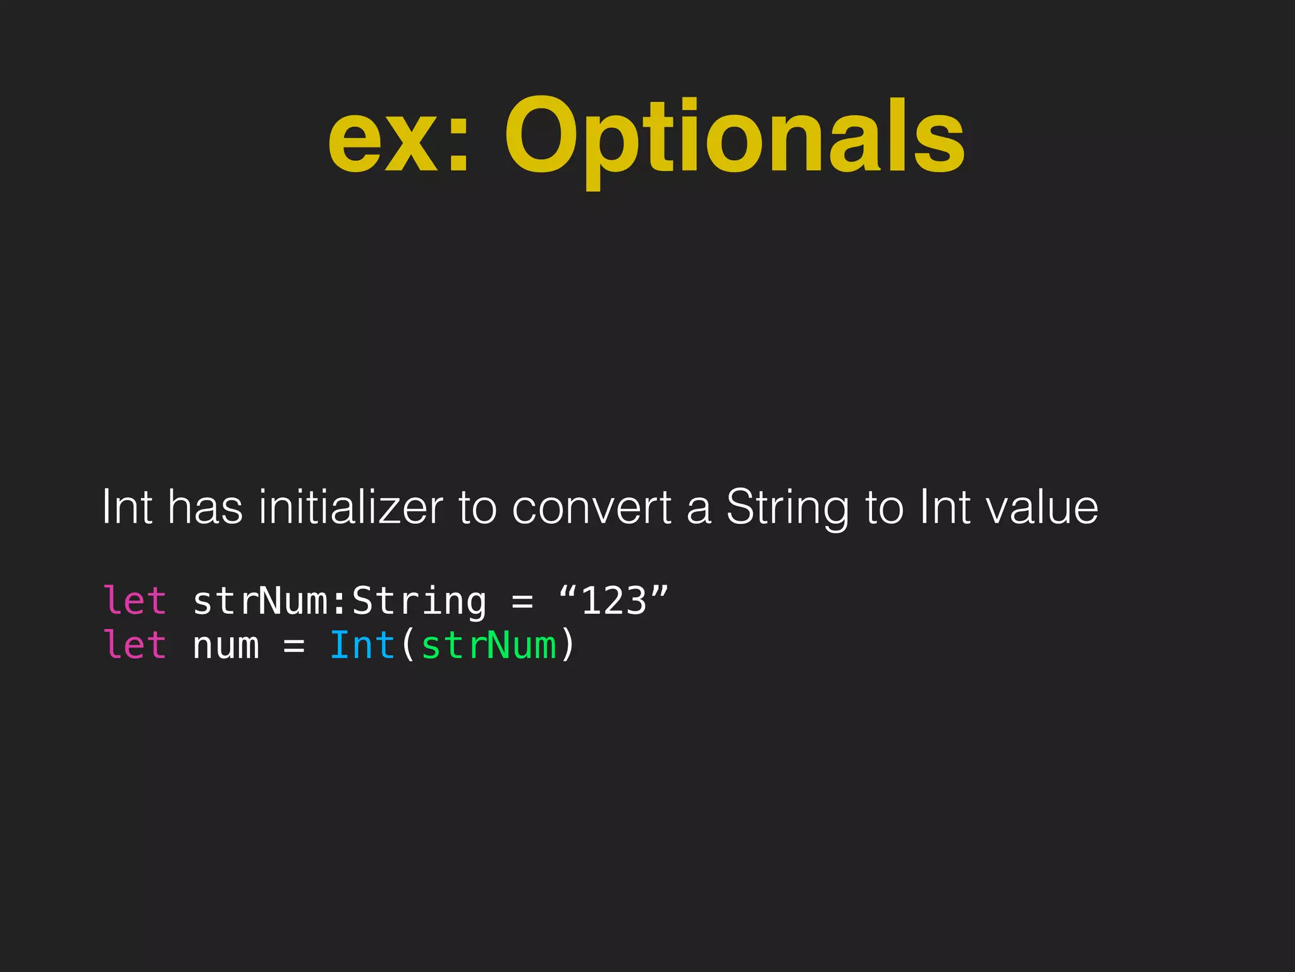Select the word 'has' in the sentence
click(206, 508)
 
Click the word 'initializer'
click(351, 508)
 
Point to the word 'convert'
click(592, 508)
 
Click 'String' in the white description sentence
click(787, 509)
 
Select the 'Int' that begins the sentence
click(127, 508)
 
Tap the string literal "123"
click(613, 601)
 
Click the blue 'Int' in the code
click(362, 645)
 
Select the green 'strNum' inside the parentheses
click(488, 646)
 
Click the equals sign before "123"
click(522, 602)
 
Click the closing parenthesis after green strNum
click(567, 645)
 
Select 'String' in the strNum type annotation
click(419, 602)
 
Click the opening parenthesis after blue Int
click(408, 645)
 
